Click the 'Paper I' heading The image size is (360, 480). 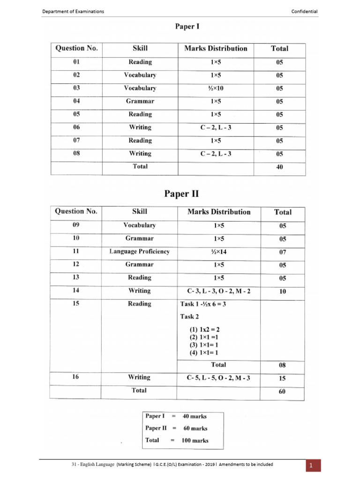point(187,27)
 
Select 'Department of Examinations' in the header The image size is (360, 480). point(73,11)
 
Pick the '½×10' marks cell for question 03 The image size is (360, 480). point(215,88)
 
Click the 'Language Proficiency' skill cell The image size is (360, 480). point(140,252)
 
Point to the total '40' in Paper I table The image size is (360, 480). point(279,167)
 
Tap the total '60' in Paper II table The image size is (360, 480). point(282,391)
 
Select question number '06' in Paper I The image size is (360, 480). point(76,127)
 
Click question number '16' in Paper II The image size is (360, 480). point(76,377)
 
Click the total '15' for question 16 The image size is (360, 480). point(282,378)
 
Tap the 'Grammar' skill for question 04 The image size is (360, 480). point(140,101)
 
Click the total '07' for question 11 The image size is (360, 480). point(282,252)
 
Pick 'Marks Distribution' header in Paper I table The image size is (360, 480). point(216,49)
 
